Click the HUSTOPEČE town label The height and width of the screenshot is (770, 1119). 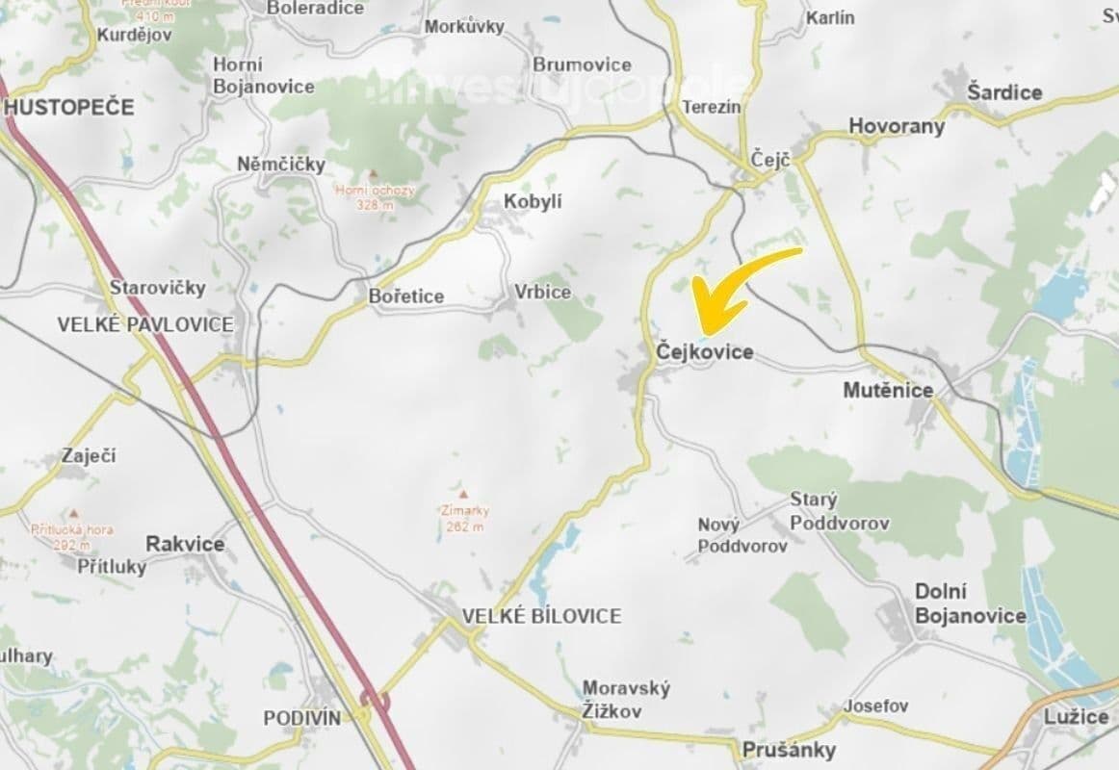point(69,107)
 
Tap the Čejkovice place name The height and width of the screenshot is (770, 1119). point(704,353)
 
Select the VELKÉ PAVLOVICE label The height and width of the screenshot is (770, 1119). point(145,324)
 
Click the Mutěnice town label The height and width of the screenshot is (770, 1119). point(888,390)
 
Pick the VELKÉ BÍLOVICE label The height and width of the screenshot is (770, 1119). point(541,616)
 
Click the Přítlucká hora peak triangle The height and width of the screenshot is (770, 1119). point(72,514)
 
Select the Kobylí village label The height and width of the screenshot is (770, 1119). point(533,201)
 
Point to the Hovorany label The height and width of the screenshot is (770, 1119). point(897,126)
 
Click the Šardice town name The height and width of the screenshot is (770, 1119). point(1005,92)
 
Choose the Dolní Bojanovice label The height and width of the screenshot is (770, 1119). point(970,603)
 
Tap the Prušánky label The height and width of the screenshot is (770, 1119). point(789,750)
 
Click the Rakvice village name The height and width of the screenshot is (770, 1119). point(185,544)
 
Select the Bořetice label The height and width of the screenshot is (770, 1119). point(406,296)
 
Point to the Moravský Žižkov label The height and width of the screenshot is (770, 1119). point(626,701)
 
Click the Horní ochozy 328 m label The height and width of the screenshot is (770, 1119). point(375,197)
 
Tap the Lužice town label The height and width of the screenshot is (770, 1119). point(1077,717)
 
